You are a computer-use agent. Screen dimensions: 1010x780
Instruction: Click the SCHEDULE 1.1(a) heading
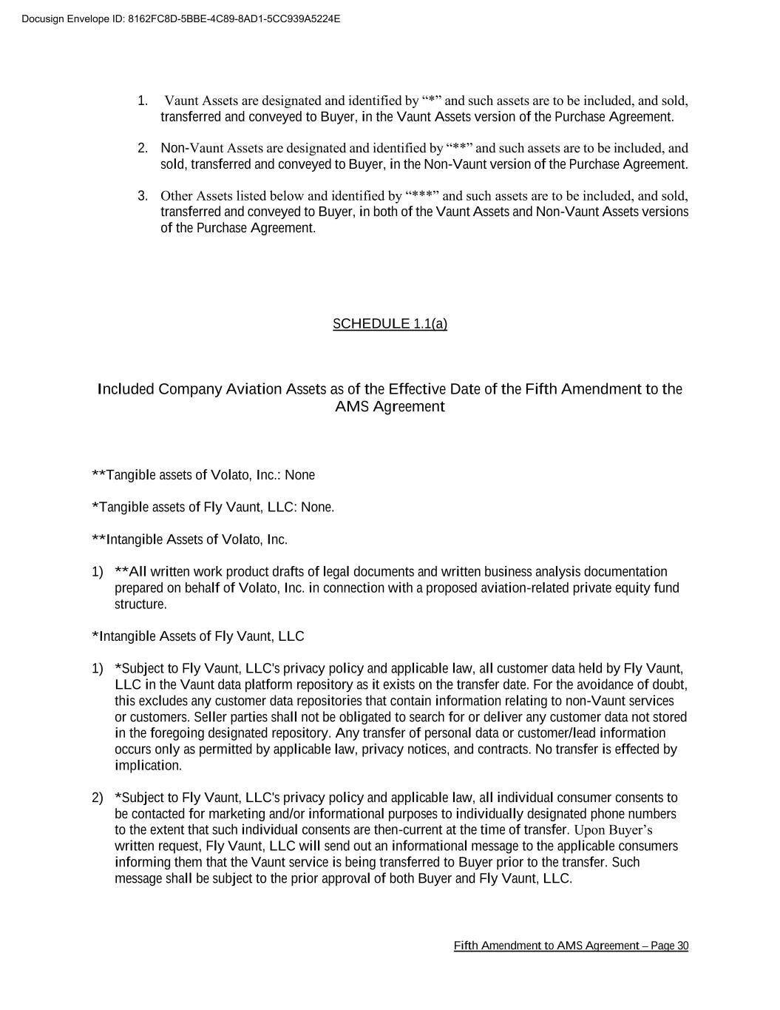[x=390, y=323]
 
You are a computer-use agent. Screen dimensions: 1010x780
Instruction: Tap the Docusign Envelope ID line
[x=181, y=18]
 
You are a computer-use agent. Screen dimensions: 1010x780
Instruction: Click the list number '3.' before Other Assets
[x=143, y=196]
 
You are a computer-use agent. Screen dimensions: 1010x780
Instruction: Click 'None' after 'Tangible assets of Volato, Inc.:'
[x=299, y=475]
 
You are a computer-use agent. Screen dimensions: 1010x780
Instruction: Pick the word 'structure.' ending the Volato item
[x=140, y=605]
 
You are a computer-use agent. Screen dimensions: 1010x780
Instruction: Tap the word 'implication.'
[x=148, y=766]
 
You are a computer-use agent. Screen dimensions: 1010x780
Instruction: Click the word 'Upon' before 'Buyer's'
[x=589, y=830]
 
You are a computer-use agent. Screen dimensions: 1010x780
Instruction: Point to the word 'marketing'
[x=231, y=814]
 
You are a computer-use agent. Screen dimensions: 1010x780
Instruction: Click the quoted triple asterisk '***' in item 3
[x=422, y=196]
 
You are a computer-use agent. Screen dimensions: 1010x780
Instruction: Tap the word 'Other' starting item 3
[x=176, y=196]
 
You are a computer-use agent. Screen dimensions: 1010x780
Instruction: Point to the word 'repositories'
[x=397, y=701]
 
